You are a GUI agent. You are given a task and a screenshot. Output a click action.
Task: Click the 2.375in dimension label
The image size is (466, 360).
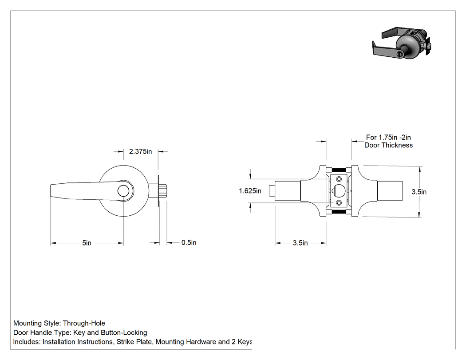click(140, 152)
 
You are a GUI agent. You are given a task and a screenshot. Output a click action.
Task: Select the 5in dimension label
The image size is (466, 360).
click(87, 243)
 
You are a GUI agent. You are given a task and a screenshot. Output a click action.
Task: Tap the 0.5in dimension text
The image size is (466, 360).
click(189, 242)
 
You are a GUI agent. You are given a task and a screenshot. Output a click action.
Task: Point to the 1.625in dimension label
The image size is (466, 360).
click(250, 191)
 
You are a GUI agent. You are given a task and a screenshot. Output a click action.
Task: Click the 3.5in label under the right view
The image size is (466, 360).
click(300, 243)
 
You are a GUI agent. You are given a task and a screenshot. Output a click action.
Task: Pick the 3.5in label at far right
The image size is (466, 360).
click(419, 192)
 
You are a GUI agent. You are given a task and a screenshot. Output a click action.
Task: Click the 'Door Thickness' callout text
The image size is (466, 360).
click(388, 145)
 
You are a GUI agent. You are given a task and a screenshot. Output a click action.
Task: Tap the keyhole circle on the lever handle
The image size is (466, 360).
click(123, 191)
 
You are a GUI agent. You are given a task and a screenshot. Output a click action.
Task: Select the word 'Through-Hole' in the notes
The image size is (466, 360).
click(84, 323)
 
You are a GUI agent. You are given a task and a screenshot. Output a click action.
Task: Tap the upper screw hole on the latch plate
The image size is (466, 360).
click(339, 179)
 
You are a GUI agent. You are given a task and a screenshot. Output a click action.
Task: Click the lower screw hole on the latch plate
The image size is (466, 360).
click(339, 203)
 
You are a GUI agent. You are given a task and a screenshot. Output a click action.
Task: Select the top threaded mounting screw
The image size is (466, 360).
click(339, 170)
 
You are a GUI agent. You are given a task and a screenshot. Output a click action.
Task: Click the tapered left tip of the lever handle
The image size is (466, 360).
click(51, 191)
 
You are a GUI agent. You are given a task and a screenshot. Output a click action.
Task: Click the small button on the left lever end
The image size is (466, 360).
click(272, 191)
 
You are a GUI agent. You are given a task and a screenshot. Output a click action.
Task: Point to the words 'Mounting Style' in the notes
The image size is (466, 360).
click(36, 324)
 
